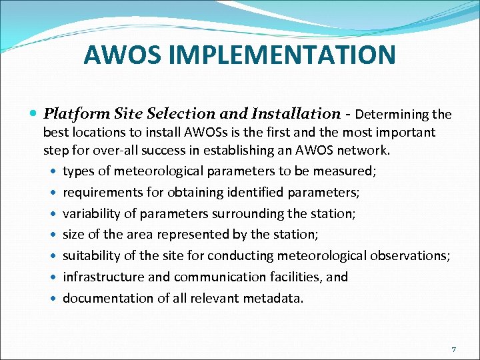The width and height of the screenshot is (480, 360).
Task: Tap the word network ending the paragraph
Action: pos(365,150)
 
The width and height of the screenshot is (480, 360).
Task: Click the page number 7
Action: pos(453,349)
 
